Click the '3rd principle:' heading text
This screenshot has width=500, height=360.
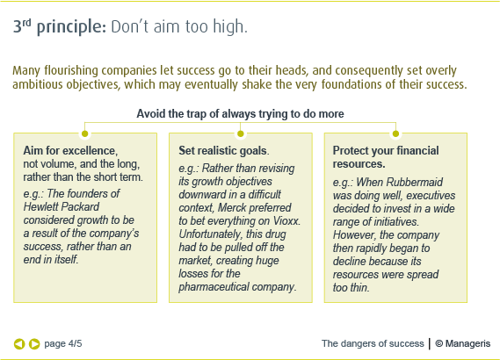(x=59, y=27)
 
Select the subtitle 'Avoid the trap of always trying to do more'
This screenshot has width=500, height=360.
(x=240, y=114)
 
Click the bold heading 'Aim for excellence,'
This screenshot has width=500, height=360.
(x=70, y=151)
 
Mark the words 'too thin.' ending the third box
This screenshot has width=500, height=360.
(x=351, y=286)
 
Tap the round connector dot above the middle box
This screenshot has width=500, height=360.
(x=240, y=133)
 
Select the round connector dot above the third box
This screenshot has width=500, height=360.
(x=395, y=133)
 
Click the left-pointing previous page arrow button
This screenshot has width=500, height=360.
(x=19, y=343)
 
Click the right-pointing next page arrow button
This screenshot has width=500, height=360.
(x=34, y=343)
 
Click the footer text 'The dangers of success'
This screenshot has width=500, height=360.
(x=372, y=343)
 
